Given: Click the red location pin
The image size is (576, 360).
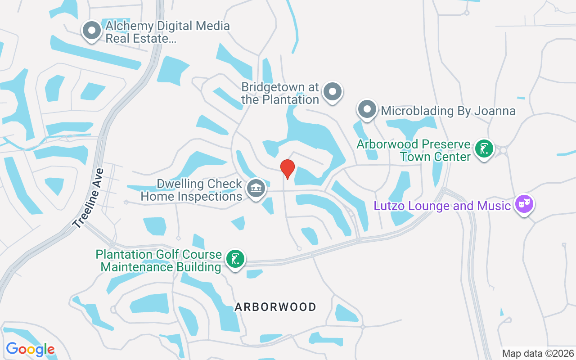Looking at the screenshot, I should (x=288, y=169).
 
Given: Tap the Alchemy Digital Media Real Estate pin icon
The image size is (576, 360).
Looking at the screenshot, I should (x=92, y=31).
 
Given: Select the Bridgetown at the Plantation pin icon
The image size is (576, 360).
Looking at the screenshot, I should (x=333, y=91).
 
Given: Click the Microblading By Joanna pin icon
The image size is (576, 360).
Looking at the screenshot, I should (x=367, y=109).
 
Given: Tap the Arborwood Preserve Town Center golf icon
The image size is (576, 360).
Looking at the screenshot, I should (x=484, y=149).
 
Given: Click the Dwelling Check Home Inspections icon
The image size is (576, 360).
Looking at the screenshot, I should (x=256, y=189).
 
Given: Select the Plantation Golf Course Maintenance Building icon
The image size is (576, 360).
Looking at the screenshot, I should (x=235, y=259).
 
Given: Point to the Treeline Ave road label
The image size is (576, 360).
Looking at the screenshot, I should (x=89, y=198).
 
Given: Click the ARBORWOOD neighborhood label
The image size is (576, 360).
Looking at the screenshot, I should (x=275, y=307).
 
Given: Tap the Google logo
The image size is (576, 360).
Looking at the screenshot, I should (x=30, y=349).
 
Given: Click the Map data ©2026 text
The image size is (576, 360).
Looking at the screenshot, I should (x=538, y=353).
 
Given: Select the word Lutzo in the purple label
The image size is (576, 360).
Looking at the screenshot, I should (x=391, y=206).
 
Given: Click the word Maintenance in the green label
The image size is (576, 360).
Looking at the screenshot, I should (x=161, y=267).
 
